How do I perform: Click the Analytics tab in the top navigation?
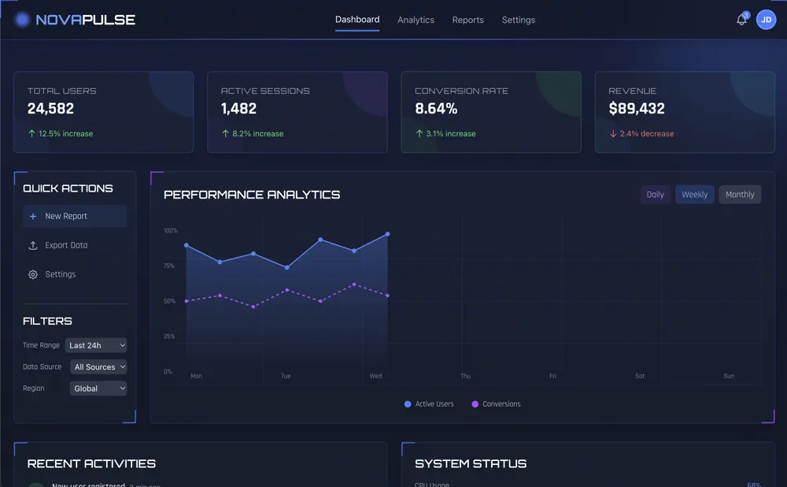tap(416, 20)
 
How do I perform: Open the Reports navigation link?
tap(467, 20)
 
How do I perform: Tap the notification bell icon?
tap(741, 20)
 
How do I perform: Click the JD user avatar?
tap(766, 20)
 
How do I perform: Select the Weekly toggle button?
tap(694, 195)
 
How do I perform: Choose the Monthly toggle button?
tap(740, 195)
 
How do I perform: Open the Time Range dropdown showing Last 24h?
tap(96, 345)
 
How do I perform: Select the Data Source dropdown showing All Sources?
tap(98, 367)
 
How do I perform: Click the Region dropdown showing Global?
tap(98, 388)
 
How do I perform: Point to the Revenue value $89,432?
tap(637, 109)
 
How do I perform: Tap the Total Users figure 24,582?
tap(50, 109)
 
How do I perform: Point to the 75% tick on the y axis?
tap(169, 266)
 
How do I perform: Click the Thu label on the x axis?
tap(465, 376)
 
